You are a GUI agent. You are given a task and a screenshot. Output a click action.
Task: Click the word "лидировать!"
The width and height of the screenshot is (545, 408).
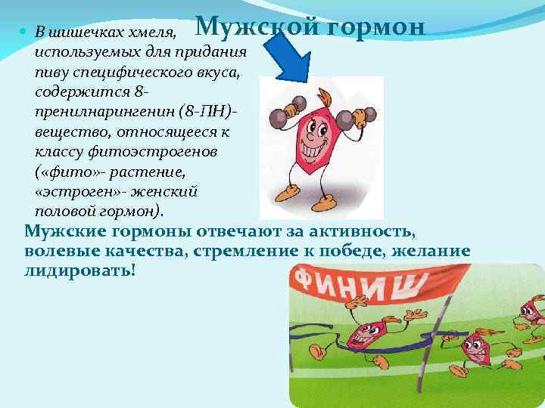(x=80, y=270)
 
